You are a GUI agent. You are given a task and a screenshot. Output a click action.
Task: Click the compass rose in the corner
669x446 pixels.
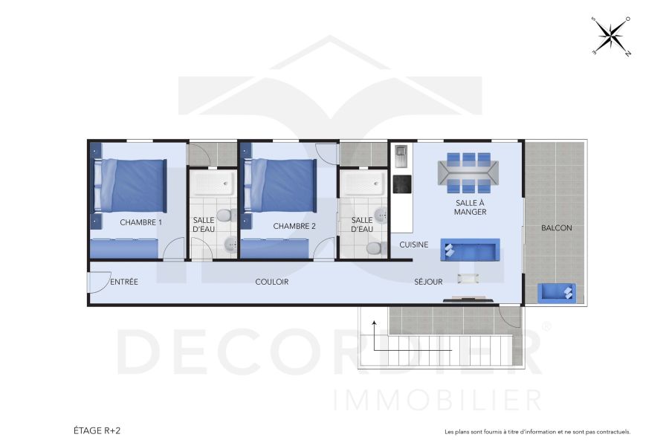pyautogui.click(x=610, y=35)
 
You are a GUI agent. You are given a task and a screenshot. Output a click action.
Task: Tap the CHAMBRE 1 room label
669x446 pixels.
pyautogui.click(x=140, y=222)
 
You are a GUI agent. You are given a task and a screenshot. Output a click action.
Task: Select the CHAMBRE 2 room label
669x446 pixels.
pyautogui.click(x=294, y=226)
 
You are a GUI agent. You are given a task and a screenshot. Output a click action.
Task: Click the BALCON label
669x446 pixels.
pyautogui.click(x=556, y=228)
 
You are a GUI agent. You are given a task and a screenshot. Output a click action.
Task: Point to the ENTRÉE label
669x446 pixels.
pyautogui.click(x=123, y=282)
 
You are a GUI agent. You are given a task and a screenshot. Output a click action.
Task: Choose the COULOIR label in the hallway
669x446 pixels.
pyautogui.click(x=271, y=282)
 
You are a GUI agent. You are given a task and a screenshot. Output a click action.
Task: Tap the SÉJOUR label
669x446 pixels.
pyautogui.click(x=428, y=282)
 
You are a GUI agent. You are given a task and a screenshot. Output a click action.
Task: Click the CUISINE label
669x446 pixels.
pyautogui.click(x=414, y=245)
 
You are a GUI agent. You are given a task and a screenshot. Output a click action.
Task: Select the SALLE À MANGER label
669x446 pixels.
pyautogui.click(x=471, y=207)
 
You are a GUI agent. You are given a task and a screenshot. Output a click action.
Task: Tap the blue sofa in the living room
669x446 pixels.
pyautogui.click(x=470, y=251)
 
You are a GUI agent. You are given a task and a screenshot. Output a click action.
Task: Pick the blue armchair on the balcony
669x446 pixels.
pyautogui.click(x=557, y=292)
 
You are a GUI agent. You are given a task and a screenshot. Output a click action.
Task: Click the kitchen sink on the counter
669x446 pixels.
pyautogui.click(x=401, y=157)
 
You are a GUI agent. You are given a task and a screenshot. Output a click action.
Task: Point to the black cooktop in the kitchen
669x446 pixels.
pyautogui.click(x=401, y=183)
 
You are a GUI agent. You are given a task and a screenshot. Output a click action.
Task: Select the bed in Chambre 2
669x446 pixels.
pyautogui.click(x=282, y=186)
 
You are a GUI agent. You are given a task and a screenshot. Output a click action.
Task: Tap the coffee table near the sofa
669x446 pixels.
pyautogui.click(x=468, y=278)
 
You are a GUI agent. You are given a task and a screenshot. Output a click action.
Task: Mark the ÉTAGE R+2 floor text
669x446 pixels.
pyautogui.click(x=97, y=430)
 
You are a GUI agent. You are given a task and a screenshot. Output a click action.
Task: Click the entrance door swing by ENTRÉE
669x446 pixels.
pyautogui.click(x=97, y=282)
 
